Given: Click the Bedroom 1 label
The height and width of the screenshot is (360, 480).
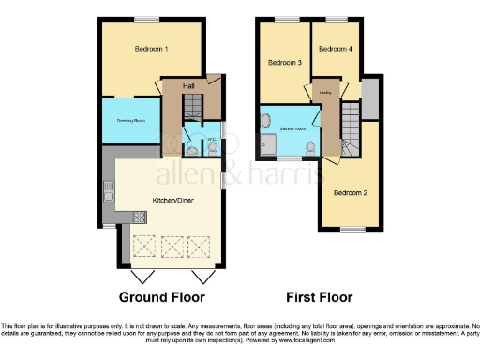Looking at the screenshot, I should point(152,49).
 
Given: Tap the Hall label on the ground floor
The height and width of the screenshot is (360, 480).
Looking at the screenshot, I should point(188,85).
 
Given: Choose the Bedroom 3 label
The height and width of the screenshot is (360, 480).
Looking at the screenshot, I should point(285,64).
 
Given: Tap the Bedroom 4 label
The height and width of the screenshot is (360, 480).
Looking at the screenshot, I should point(336,50).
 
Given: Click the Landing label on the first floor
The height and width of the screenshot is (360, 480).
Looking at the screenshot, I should point(325,93).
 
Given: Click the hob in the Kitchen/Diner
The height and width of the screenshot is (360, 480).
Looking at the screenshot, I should point(140,218).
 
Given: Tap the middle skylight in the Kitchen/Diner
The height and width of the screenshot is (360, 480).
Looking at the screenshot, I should point(172,247).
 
